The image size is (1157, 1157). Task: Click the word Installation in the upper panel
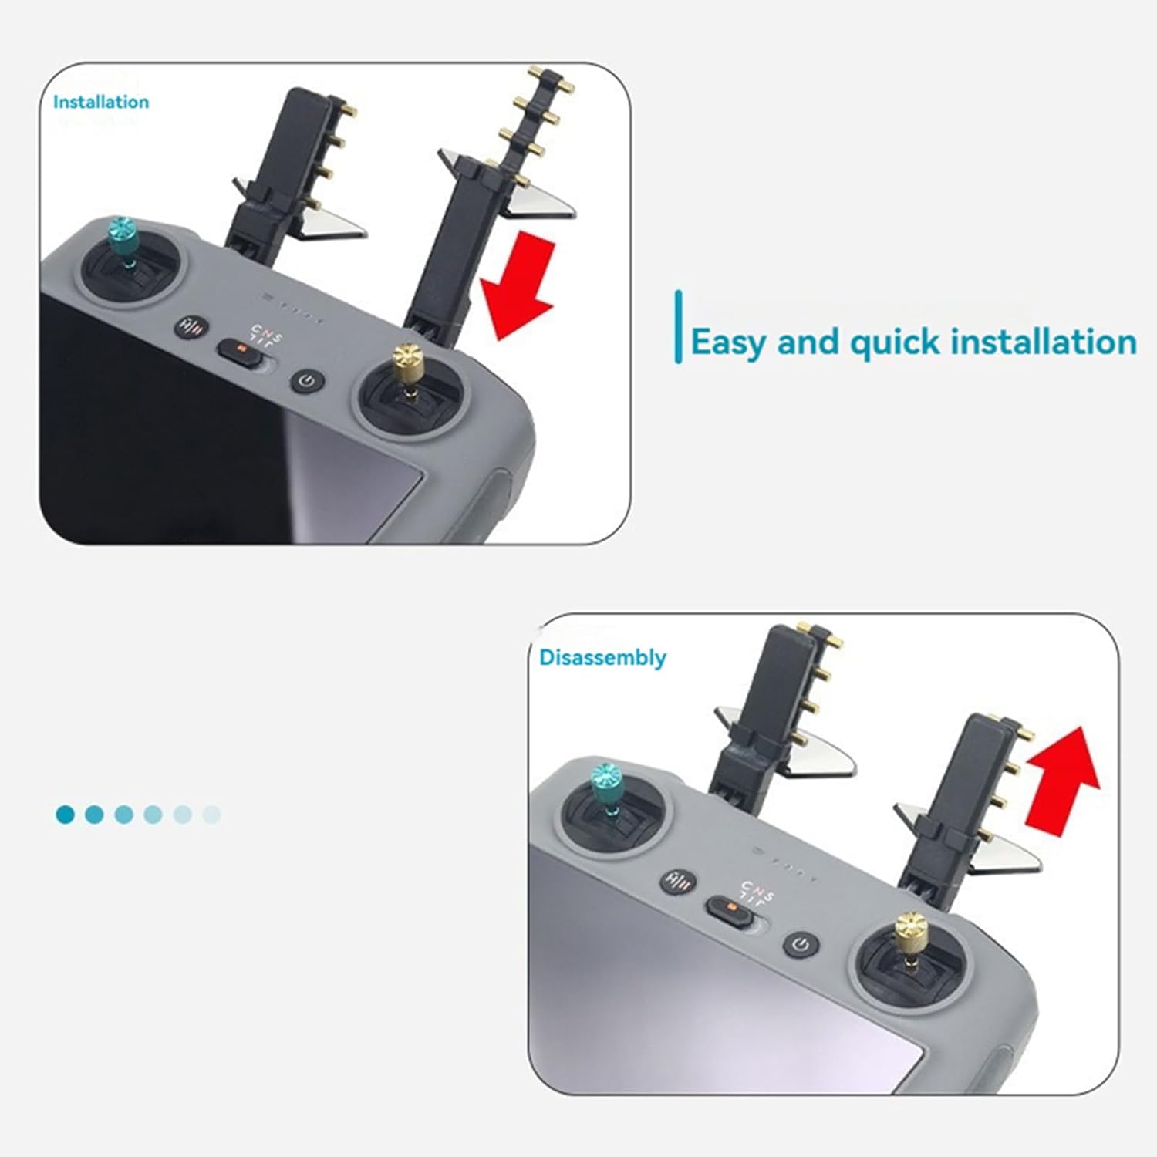click(x=101, y=102)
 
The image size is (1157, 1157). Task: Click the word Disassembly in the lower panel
click(x=602, y=658)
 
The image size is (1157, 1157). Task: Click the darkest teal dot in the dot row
click(x=66, y=814)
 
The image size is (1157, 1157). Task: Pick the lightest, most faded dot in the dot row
click(x=211, y=814)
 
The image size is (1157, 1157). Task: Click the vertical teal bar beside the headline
click(x=678, y=327)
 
